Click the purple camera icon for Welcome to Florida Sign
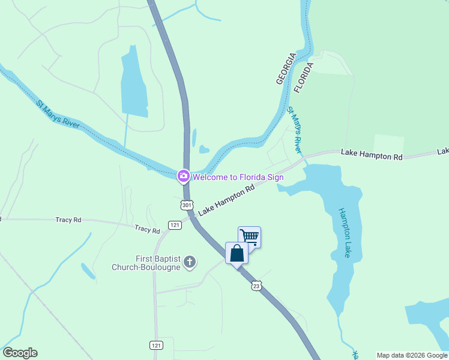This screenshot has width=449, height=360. tap(183, 176)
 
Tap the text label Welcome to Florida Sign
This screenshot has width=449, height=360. tap(238, 177)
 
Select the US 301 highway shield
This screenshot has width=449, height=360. tap(187, 205)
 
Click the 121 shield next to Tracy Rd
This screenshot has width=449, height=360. tap(175, 225)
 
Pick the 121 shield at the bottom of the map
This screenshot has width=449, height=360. tap(156, 345)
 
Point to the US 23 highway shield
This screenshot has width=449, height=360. tap(257, 287)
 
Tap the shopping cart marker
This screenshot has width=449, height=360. tap(249, 236)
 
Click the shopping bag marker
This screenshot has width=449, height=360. tap(237, 253)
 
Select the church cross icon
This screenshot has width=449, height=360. tap(190, 261)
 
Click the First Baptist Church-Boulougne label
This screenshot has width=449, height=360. tap(146, 263)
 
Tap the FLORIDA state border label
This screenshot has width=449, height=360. tap(304, 77)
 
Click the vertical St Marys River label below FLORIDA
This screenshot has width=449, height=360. tap(294, 130)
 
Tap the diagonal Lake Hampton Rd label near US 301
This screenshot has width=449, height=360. tap(226, 200)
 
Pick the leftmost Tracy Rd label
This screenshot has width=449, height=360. tap(68, 220)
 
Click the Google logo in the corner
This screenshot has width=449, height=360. tap(20, 353)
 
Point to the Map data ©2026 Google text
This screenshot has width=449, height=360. tap(412, 355)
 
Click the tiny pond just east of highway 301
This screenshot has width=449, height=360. tap(204, 149)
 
